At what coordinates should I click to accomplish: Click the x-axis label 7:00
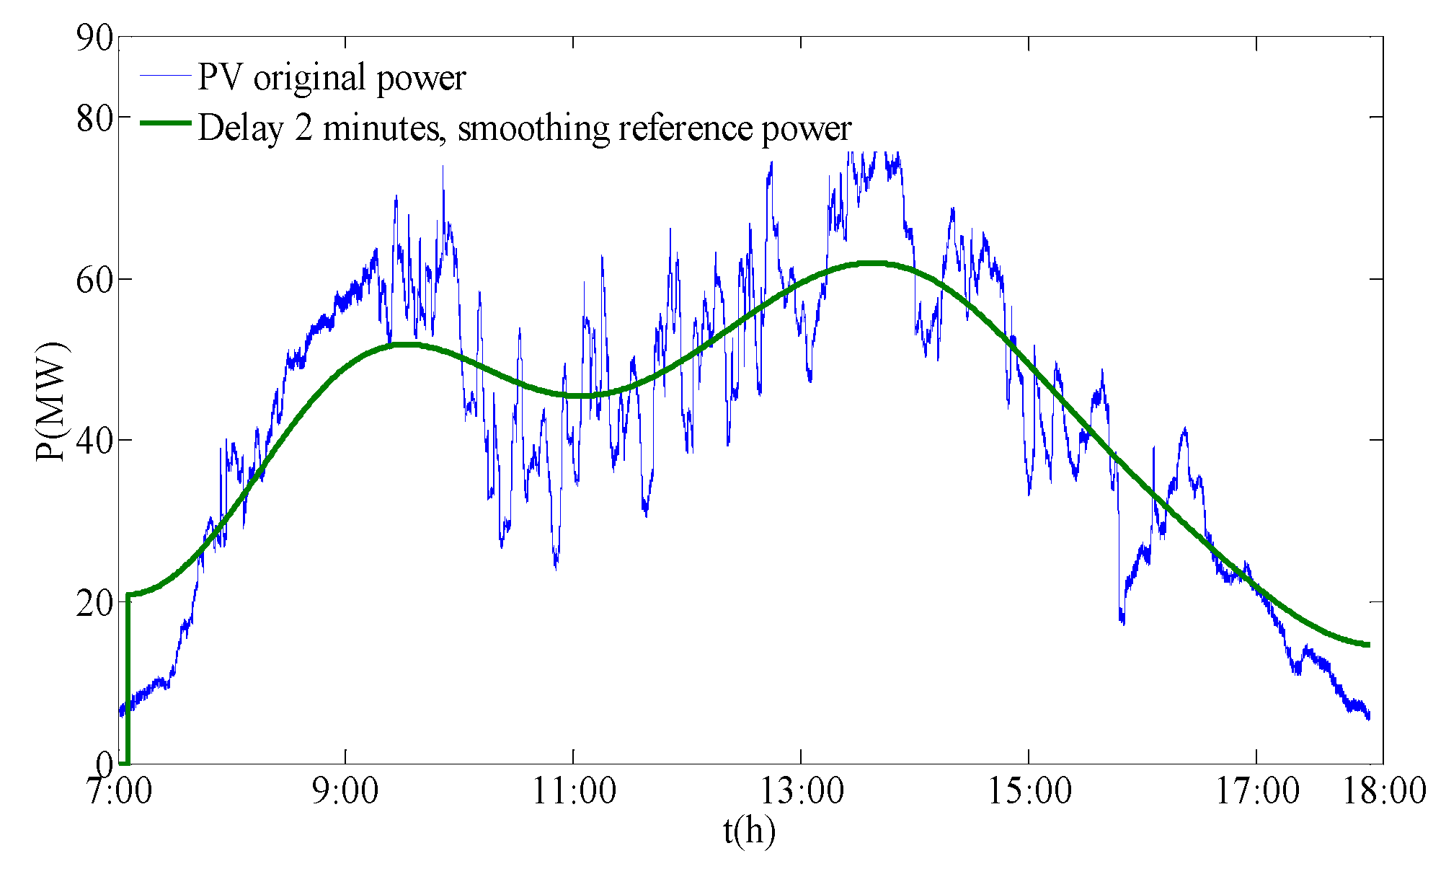tap(120, 791)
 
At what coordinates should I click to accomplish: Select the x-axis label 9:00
tap(345, 791)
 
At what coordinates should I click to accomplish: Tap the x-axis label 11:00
tap(574, 791)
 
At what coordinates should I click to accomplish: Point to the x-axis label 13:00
tap(802, 791)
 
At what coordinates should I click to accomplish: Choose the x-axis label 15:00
tap(1029, 791)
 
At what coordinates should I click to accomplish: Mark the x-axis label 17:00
tap(1257, 791)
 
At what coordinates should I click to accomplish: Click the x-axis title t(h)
tap(750, 831)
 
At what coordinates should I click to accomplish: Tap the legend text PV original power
tap(332, 78)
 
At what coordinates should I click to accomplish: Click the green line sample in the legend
tap(165, 123)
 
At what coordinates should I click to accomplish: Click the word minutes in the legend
tap(381, 128)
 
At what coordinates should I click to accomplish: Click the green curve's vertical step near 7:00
tap(128, 678)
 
